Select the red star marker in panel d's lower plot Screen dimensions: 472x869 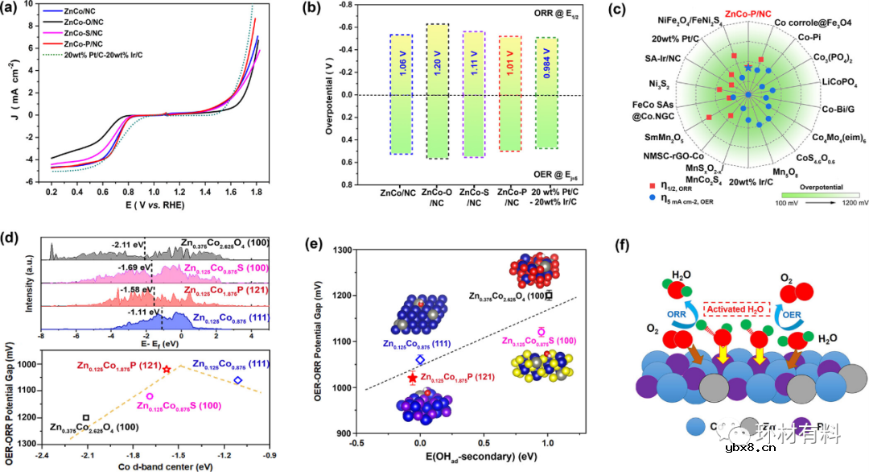(167, 369)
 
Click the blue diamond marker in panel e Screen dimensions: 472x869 (419, 359)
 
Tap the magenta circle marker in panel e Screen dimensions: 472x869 (542, 331)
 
